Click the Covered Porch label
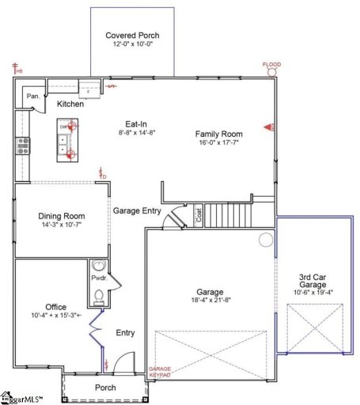point(132,36)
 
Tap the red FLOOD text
point(271,64)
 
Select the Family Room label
point(218,134)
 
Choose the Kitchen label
point(70,104)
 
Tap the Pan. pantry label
point(33,96)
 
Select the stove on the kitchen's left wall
point(22,145)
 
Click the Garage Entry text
point(137,211)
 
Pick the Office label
point(55,306)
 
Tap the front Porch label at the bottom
point(104,388)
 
